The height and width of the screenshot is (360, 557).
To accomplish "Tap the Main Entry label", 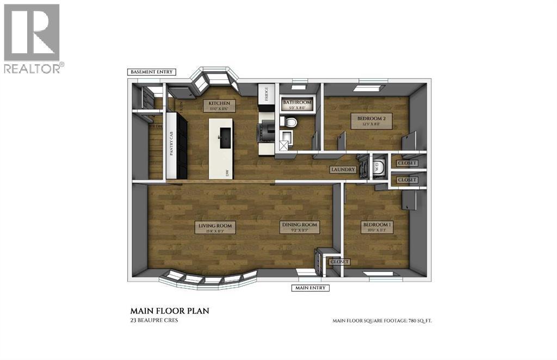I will click(311, 288).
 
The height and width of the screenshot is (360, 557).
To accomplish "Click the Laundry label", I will click(344, 170).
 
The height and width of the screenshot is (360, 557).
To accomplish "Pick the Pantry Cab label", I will click(171, 143).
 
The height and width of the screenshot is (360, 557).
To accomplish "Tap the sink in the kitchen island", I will click(224, 138).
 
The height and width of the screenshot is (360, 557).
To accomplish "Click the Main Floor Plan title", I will click(170, 311).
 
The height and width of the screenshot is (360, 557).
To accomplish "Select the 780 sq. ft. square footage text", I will click(382, 321).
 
